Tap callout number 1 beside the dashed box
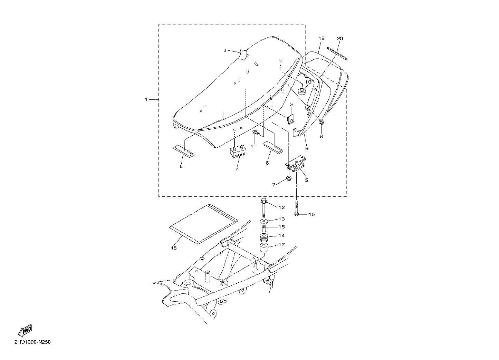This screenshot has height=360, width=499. [x=146, y=99]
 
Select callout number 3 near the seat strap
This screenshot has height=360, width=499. [x=225, y=50]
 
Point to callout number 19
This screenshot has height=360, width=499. [x=321, y=38]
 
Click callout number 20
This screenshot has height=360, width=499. [x=340, y=39]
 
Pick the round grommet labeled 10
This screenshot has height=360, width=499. [x=301, y=91]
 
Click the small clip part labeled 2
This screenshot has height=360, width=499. [x=290, y=119]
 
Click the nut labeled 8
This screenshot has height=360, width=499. [x=321, y=122]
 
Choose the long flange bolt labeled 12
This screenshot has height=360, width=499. [x=263, y=207]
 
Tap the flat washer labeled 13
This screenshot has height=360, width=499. [x=264, y=222]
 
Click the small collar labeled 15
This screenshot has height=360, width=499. [x=264, y=228]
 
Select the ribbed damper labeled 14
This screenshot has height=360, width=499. [x=264, y=238]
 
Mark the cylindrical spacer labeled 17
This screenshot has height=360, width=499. [x=264, y=249]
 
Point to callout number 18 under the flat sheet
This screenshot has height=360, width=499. [x=174, y=248]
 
